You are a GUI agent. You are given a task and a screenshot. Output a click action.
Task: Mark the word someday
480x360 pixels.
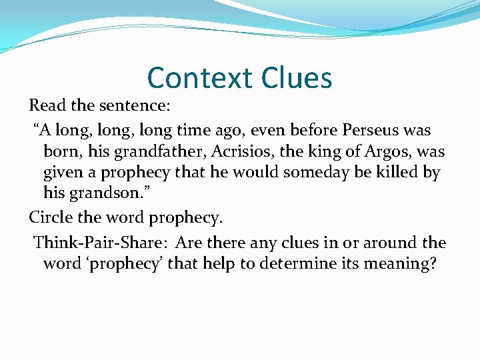[x=317, y=173]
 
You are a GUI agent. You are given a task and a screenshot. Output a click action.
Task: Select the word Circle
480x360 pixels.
[x=51, y=217]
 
